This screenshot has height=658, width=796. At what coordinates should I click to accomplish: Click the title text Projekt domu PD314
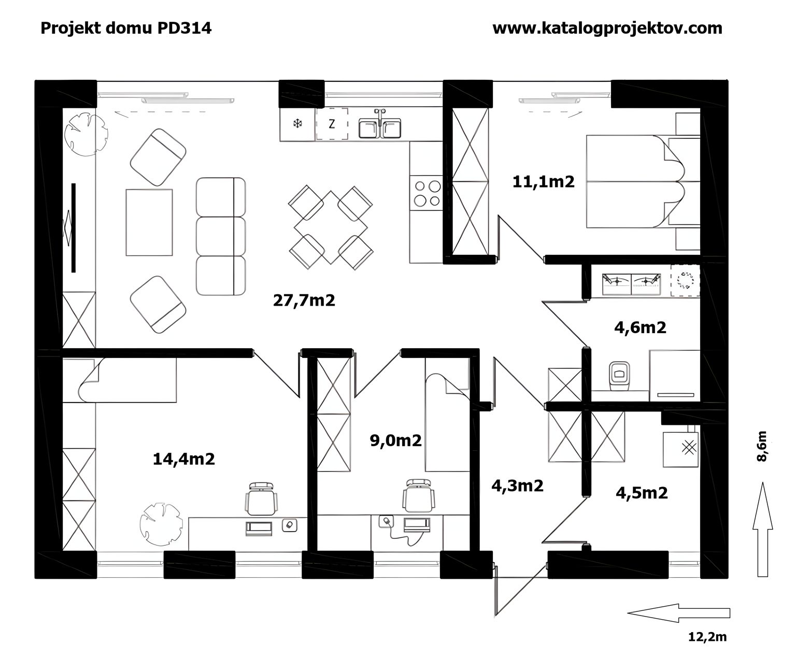126,28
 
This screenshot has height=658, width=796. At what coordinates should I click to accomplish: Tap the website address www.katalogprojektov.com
607,28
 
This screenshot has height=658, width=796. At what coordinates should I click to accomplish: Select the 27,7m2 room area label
304,301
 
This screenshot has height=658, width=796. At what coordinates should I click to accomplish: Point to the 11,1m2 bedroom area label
543,182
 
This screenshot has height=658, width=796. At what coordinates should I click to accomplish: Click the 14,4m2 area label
184,459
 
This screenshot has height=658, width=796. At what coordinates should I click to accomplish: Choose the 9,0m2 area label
396,441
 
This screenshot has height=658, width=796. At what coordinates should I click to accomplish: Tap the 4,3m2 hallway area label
517,485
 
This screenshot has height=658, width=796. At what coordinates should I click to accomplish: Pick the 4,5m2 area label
642,493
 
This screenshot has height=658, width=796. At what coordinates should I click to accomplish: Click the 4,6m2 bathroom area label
640,327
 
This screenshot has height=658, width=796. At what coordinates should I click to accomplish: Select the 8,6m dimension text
761,446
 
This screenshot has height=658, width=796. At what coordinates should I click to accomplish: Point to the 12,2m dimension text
707,637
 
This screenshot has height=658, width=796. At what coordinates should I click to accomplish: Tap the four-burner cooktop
426,193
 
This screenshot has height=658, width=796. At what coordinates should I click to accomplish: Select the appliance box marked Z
332,124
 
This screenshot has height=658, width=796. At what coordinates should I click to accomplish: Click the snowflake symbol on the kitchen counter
297,123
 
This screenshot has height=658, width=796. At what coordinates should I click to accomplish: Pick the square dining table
331,227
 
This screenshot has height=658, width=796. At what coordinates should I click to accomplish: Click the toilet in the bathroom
619,376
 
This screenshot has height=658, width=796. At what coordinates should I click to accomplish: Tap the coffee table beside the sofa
149,222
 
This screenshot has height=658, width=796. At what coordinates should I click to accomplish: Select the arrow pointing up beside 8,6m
762,530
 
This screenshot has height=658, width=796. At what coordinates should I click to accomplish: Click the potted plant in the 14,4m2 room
161,524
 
